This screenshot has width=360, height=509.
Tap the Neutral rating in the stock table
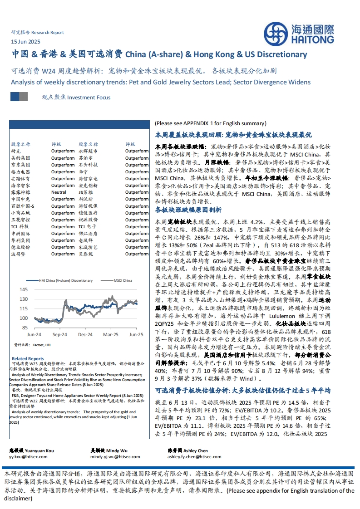coord(59,192)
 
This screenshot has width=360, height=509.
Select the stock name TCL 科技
coord(20,226)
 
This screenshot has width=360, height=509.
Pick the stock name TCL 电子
coord(87,226)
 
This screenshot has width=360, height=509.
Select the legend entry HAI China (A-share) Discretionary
coord(64,281)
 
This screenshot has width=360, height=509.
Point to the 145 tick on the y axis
coord(24,289)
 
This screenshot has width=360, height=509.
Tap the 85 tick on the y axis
coord(25,327)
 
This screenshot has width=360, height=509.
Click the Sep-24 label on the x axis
coord(59,334)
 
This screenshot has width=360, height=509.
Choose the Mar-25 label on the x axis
coord(111,334)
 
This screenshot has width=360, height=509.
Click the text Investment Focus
coord(89,97)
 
